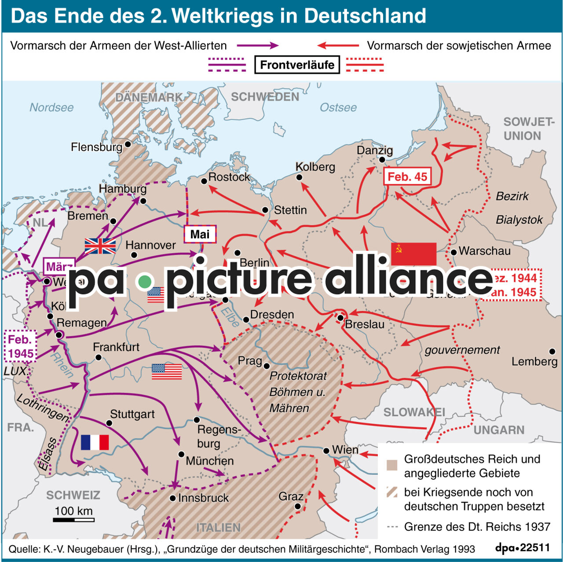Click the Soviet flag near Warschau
[x=413, y=253]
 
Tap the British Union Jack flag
[x=100, y=246]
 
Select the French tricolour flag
[x=95, y=442]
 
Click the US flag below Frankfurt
[x=166, y=371]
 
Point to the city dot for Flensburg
[x=128, y=144]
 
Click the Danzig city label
[x=374, y=151]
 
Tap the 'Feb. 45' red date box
[x=407, y=177]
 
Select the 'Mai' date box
[x=200, y=234]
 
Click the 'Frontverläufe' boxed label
[x=297, y=65]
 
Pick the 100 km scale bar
[x=73, y=520]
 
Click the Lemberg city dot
[x=552, y=352]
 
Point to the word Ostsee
[x=338, y=107]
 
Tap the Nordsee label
[x=51, y=107]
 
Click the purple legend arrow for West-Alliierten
[x=257, y=45]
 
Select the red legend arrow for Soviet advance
[x=338, y=45]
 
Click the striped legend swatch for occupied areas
[x=391, y=492]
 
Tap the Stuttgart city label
[x=132, y=414]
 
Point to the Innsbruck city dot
[x=173, y=498]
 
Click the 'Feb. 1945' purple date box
[x=21, y=346]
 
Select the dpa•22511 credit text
[x=522, y=548]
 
